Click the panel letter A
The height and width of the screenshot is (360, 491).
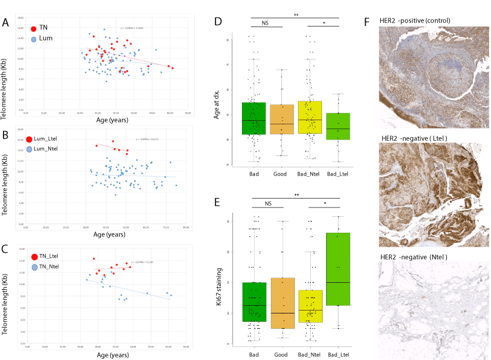pos(5,23)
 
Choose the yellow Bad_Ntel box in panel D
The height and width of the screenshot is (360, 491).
pos(310,118)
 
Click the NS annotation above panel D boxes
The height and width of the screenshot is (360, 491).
pos(267,22)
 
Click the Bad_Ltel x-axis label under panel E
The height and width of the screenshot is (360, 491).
pos(337,355)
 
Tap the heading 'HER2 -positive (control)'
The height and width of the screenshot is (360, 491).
pos(416,21)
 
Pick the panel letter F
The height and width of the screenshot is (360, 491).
pos(368,22)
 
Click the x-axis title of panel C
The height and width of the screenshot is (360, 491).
pos(110,355)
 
